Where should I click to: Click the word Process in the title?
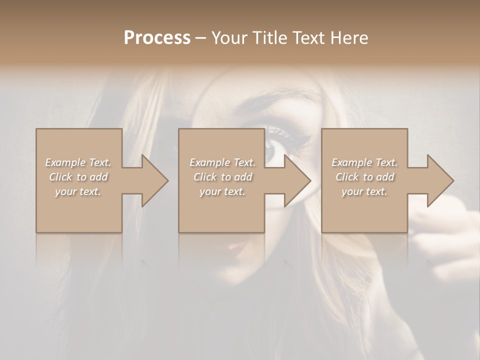click(157, 37)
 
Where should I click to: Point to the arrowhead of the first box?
click(154, 180)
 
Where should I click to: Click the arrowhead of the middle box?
click(297, 180)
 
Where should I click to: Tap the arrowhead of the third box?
click(440, 180)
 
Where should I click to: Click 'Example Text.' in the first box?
click(78, 162)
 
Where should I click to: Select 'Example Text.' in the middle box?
click(222, 162)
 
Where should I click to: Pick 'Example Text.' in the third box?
click(364, 162)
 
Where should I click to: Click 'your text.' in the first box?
click(78, 191)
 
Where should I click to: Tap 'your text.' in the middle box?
click(222, 191)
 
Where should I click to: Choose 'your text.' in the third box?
click(364, 191)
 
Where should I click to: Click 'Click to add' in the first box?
click(78, 177)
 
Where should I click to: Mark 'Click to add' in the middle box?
click(222, 177)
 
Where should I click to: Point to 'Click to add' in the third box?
click(364, 177)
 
